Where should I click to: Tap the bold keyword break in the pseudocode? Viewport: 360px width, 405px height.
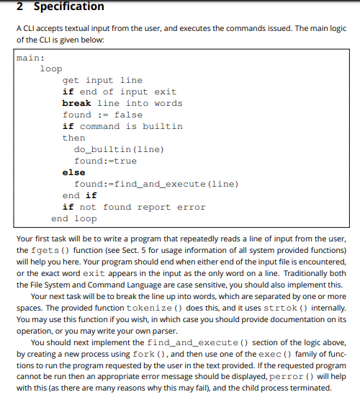tap(76, 103)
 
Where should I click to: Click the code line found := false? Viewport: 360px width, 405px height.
tap(102, 115)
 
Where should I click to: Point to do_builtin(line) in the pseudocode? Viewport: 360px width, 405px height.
tap(119, 149)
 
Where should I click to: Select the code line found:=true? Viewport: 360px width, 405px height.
tap(105, 161)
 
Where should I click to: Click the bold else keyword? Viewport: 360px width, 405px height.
tap(73, 172)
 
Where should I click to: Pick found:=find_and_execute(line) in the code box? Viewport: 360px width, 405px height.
tap(156, 184)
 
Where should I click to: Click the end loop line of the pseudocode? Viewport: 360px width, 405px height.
tap(73, 218)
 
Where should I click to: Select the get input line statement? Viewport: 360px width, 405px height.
tap(102, 80)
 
